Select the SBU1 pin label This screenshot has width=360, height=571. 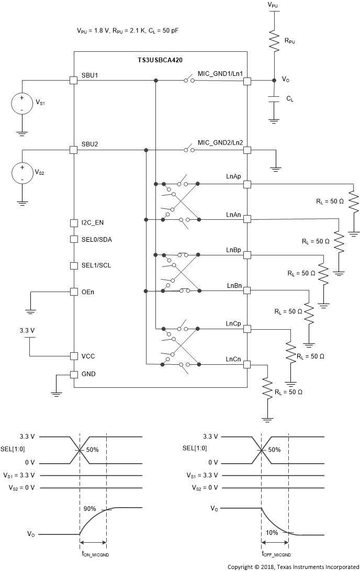tap(90, 75)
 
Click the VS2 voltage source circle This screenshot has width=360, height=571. tap(22, 173)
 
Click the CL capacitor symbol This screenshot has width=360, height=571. tap(273, 99)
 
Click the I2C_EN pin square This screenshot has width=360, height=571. tap(74, 223)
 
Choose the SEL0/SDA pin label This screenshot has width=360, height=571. tap(96, 240)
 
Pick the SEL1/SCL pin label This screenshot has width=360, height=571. tap(96, 265)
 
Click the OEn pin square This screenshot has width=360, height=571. tap(74, 292)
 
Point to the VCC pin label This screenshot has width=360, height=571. tap(87, 356)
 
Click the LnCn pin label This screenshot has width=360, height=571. tap(233, 359)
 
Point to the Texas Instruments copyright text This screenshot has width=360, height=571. tap(293, 566)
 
